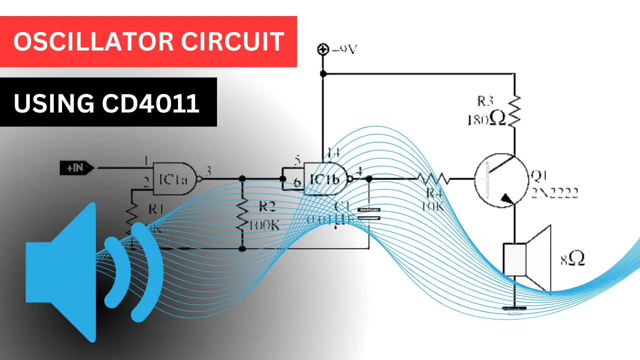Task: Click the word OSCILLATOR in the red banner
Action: coord(92,42)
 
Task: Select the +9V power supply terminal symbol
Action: coord(323,49)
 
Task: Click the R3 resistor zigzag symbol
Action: coord(514,110)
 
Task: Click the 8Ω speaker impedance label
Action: coord(572,258)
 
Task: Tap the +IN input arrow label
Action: coord(76,168)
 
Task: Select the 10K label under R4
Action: coord(433,206)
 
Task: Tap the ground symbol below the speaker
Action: coord(514,310)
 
